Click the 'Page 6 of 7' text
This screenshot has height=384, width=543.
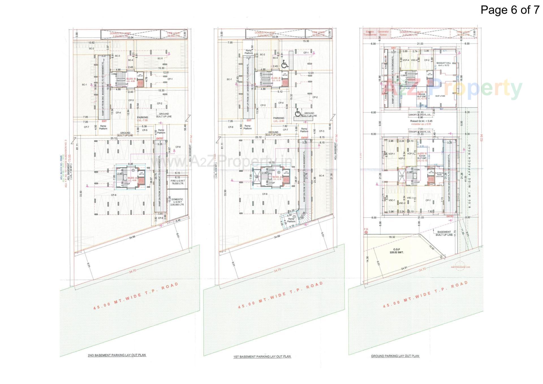510,10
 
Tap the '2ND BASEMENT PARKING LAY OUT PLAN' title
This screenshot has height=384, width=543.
117,355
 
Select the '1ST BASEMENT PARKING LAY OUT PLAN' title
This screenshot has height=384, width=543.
262,357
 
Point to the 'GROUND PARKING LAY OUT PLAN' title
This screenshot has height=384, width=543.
395,356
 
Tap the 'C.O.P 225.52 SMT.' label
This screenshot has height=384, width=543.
397,251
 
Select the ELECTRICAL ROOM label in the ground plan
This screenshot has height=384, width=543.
439,174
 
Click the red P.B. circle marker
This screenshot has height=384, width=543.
366,232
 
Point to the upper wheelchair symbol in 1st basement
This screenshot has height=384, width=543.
285,65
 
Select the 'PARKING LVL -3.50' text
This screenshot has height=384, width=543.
279,119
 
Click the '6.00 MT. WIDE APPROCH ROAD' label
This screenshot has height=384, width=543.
469,180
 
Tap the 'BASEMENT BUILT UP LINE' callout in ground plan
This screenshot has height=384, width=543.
444,233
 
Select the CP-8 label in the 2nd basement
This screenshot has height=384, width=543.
114,195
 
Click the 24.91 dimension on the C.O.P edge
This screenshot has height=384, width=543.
404,268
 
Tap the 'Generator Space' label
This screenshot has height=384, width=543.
383,33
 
